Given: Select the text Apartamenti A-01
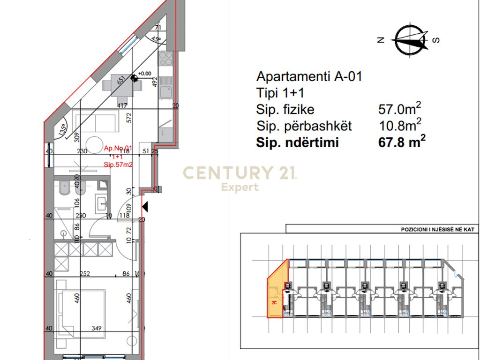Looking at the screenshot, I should [309, 77].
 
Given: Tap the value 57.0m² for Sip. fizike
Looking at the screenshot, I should [399, 109].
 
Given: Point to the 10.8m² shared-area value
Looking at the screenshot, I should [399, 126].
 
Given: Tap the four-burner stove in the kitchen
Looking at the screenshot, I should [165, 59].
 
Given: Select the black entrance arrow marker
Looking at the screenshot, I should [145, 206].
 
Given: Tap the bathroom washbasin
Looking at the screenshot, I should [102, 204].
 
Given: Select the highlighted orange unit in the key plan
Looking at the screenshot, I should [277, 291].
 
